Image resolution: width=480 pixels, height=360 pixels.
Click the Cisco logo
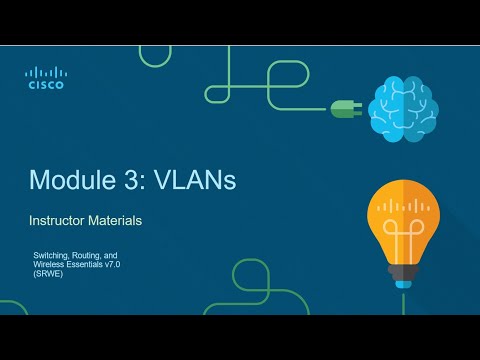(45, 78)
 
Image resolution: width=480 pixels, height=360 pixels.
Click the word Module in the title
(68, 180)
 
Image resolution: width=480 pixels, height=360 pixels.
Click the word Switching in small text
(51, 256)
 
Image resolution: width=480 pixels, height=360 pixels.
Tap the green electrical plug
(344, 107)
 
